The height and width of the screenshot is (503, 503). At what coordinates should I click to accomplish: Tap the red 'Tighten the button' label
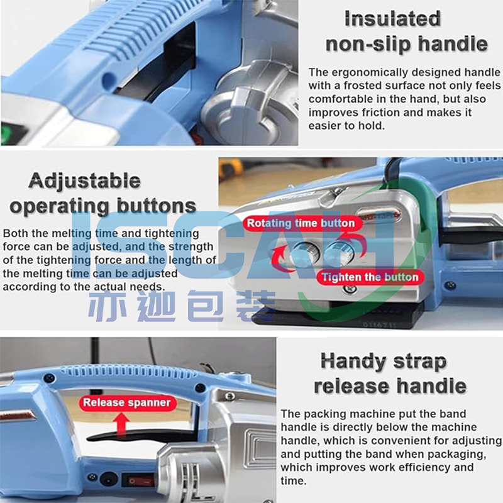coord(370,277)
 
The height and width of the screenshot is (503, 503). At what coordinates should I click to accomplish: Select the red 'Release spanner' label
coord(127,402)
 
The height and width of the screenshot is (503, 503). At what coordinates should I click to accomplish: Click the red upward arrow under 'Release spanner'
coord(121,424)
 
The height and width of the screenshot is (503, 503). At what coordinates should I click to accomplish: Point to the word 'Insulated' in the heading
coord(392,19)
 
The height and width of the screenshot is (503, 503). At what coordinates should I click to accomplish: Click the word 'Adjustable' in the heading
coord(85,181)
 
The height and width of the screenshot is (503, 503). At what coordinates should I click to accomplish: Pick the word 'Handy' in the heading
coord(353,362)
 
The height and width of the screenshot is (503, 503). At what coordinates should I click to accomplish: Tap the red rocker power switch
coord(138,480)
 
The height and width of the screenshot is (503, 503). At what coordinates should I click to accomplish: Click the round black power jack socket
coord(109,478)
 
